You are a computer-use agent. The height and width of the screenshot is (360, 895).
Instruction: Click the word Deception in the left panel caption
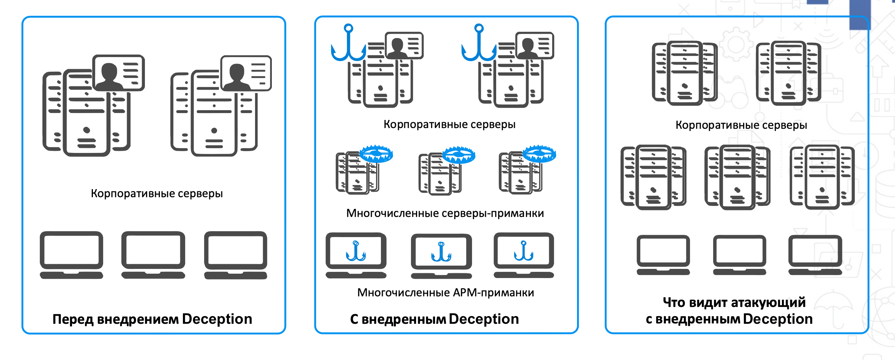point(217,319)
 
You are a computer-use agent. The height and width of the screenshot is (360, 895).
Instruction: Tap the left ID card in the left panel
point(119,72)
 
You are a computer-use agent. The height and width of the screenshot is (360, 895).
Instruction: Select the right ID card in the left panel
point(246,73)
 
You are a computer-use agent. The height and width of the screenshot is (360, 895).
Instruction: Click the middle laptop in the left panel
point(153,255)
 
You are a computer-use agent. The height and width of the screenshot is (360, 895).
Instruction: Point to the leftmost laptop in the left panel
point(71,255)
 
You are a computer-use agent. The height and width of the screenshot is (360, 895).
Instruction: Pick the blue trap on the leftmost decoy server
point(376,154)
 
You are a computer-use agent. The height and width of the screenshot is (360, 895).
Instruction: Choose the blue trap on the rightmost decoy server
point(539,154)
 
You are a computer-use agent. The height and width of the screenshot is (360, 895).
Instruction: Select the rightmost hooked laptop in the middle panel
point(524,255)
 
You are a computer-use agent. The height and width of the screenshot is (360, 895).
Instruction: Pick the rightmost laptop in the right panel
point(815,255)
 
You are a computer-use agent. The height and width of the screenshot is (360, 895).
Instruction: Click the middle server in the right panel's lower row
point(737,177)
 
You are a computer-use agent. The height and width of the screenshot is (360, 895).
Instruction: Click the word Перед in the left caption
point(73,319)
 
